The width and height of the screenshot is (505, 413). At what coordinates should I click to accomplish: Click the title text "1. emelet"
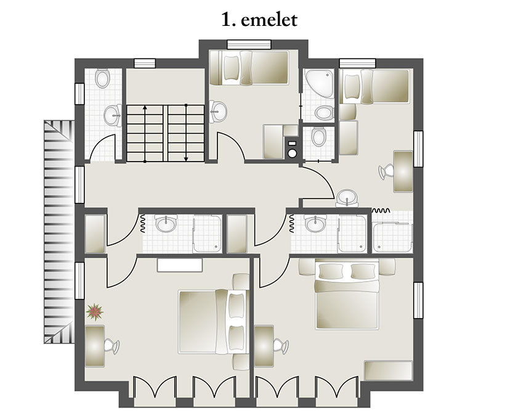tap(259, 20)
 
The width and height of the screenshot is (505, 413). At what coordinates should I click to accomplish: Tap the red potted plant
tap(94, 312)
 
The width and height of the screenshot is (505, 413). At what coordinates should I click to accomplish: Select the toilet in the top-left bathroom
tap(103, 78)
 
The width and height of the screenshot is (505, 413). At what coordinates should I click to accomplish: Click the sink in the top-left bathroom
tap(112, 114)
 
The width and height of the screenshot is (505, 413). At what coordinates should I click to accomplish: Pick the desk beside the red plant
tap(95, 346)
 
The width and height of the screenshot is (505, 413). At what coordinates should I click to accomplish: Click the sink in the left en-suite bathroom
tap(165, 224)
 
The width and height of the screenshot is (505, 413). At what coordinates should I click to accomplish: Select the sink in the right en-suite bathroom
tap(315, 224)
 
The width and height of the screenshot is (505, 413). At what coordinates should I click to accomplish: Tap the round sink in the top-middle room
tap(217, 112)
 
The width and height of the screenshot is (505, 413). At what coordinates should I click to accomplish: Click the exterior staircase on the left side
tap(59, 231)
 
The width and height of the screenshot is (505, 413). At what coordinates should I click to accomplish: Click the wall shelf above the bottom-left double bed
tap(179, 265)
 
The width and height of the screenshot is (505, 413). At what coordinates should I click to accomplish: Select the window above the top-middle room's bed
tap(250, 44)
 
